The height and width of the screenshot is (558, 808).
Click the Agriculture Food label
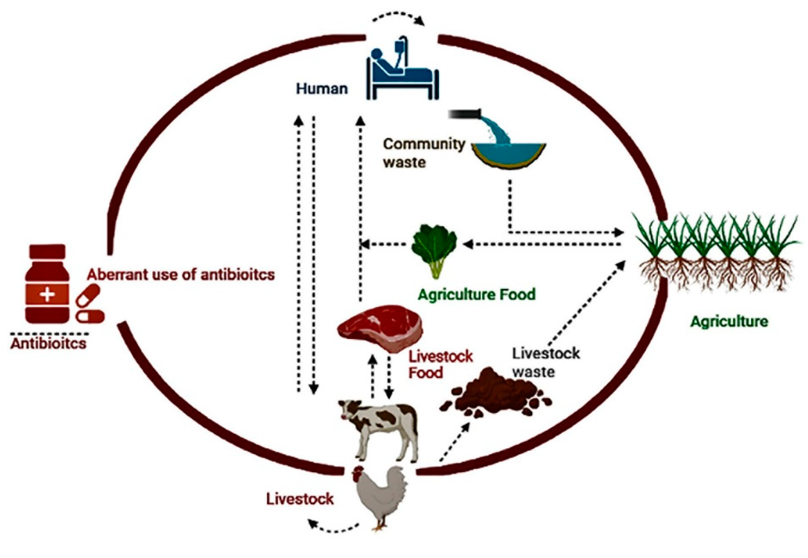[477, 294]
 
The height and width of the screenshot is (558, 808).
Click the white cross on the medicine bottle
[48, 295]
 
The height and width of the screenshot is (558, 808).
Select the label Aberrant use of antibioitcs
[181, 274]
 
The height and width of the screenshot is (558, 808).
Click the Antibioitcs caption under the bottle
[48, 343]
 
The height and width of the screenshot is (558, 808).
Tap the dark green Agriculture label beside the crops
[729, 321]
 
